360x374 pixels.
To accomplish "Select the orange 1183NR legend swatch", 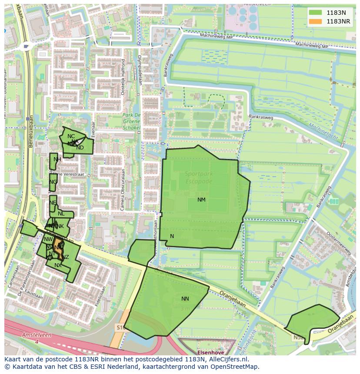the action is (x=316, y=21).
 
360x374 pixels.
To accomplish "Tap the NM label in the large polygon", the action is (x=201, y=200).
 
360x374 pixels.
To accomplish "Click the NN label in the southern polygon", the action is (x=185, y=299).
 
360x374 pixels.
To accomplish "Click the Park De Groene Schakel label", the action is (x=132, y=121).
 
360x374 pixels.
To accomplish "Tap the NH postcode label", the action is (x=57, y=159).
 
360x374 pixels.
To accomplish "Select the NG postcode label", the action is (x=53, y=182).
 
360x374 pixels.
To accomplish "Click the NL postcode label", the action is (x=61, y=214).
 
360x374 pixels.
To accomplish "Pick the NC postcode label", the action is (x=71, y=136).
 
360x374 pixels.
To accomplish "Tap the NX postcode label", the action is (x=58, y=265).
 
